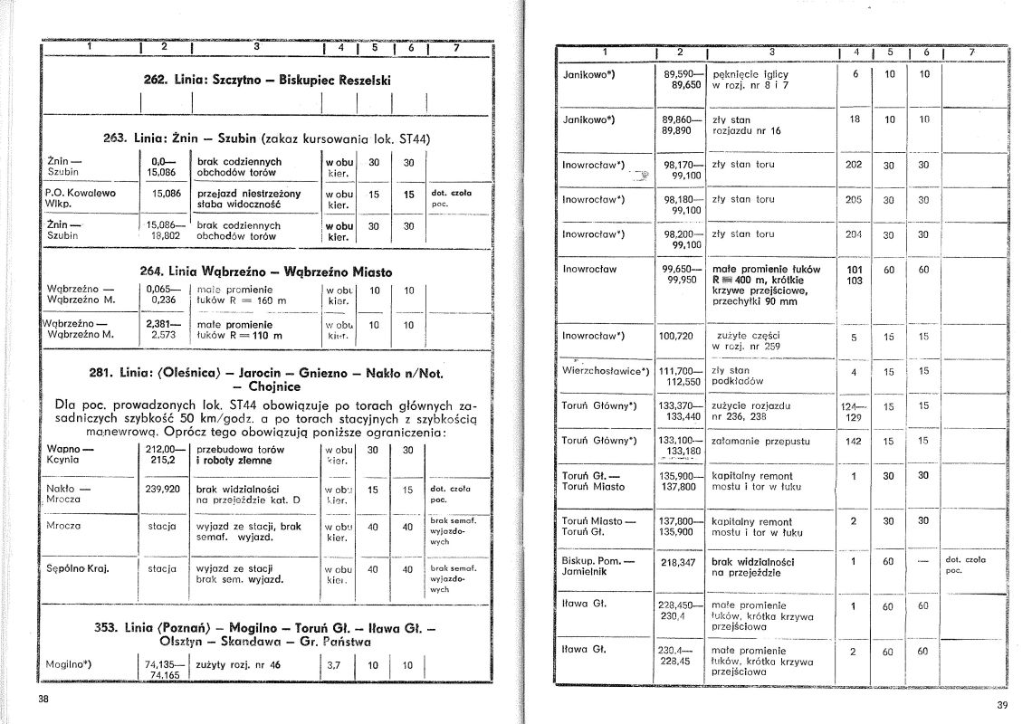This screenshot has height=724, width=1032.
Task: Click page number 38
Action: pyautogui.click(x=43, y=699)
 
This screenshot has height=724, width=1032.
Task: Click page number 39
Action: pyautogui.click(x=1002, y=706)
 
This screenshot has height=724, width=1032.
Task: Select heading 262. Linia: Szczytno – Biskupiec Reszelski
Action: pyautogui.click(x=267, y=80)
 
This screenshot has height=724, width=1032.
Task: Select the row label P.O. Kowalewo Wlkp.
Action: pyautogui.click(x=81, y=198)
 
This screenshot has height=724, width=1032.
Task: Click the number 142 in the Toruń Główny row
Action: pyautogui.click(x=853, y=441)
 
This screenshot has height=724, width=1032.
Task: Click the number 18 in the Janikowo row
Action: pyautogui.click(x=854, y=119)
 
